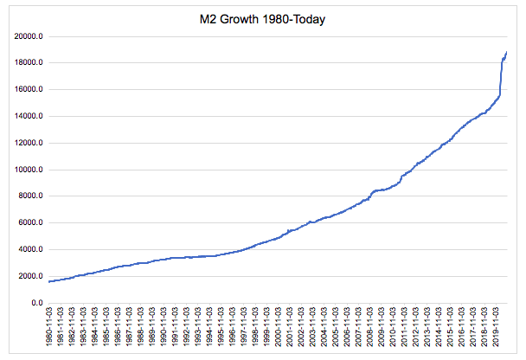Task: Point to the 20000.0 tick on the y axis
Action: tap(29, 36)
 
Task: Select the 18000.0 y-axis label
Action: tap(29, 63)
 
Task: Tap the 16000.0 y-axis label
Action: tap(29, 90)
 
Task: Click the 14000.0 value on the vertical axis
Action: tap(29, 117)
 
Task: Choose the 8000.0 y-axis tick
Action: tap(30, 196)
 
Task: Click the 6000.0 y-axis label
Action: tap(30, 223)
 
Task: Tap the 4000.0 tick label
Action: tap(30, 250)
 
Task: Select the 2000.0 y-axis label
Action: tap(30, 277)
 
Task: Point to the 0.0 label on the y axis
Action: tap(37, 304)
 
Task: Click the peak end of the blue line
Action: tap(506, 53)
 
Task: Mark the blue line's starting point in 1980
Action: tap(48, 281)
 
